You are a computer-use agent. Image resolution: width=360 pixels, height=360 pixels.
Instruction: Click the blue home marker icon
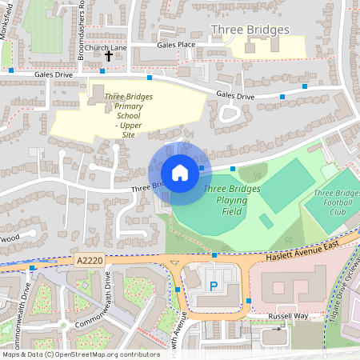pyautogui.click(x=180, y=173)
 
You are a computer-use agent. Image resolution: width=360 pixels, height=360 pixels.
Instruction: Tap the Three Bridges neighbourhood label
pyautogui.click(x=250, y=30)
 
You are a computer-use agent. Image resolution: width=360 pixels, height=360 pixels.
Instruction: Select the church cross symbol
pyautogui.click(x=109, y=57)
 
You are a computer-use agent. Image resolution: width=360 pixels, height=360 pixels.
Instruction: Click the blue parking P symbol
pyautogui.click(x=214, y=286)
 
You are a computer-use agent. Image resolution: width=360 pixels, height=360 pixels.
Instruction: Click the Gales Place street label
pyautogui.click(x=176, y=45)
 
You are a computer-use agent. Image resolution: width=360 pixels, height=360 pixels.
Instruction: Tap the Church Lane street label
pyautogui.click(x=106, y=48)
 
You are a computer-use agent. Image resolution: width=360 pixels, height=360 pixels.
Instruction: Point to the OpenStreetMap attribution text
pyautogui.click(x=80, y=354)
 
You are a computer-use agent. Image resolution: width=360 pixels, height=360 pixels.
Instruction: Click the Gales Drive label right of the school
pyautogui.click(x=235, y=96)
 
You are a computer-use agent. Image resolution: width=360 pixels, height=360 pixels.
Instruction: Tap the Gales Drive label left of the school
pyautogui.click(x=54, y=74)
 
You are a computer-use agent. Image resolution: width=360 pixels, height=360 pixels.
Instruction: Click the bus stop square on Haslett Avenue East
pyautogui.click(x=214, y=255)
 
